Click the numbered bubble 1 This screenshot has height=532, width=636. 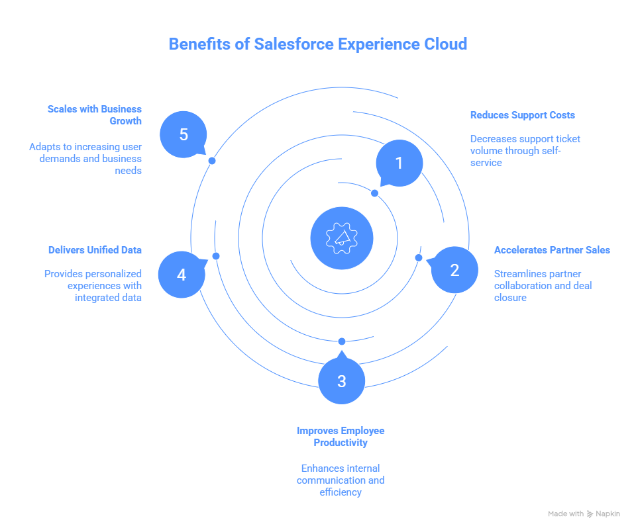click(399, 163)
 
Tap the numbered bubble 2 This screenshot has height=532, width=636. click(454, 270)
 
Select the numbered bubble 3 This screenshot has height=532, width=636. click(341, 381)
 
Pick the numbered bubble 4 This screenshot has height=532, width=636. click(182, 274)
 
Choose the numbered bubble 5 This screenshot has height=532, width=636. click(184, 134)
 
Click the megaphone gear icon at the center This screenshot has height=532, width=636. click(341, 238)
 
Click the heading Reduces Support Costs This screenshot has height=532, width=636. click(522, 115)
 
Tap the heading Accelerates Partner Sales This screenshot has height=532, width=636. click(552, 250)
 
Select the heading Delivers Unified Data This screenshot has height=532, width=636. click(95, 250)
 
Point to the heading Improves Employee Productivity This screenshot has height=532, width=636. click(341, 436)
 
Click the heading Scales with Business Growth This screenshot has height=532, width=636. click(95, 114)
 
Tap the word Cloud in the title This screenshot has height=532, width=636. click(445, 44)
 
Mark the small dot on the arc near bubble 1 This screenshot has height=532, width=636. click(374, 193)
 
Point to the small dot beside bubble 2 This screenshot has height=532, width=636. click(418, 257)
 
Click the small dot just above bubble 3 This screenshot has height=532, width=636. click(342, 341)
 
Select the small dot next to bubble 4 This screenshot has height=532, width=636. click(215, 256)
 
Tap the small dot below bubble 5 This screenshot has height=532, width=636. click(211, 161)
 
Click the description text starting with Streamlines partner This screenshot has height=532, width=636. click(543, 286)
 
